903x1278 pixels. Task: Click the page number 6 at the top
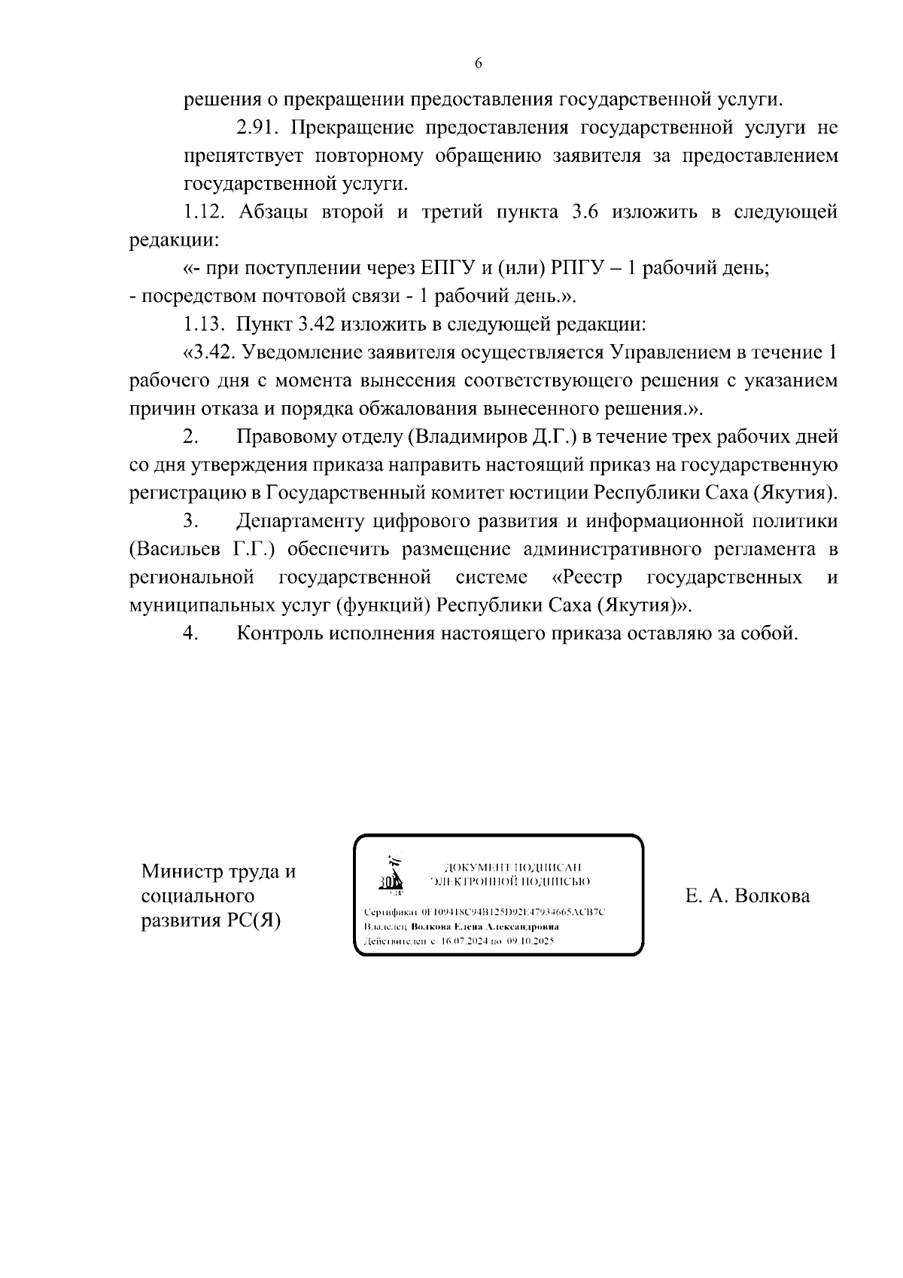(x=479, y=64)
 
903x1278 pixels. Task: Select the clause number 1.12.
(x=205, y=212)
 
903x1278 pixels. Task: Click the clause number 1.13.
(x=205, y=325)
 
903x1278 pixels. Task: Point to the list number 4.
(x=190, y=633)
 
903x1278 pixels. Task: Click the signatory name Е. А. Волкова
(x=747, y=895)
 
